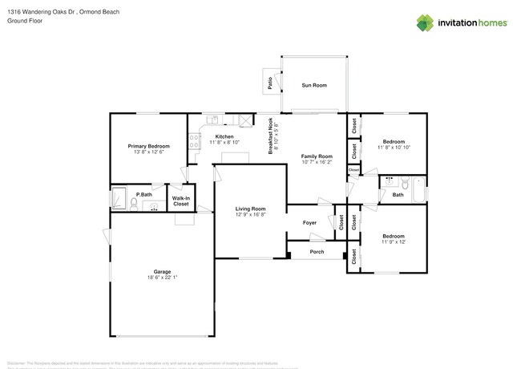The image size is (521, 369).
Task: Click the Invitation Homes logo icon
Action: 425,22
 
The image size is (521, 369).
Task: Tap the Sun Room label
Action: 313,84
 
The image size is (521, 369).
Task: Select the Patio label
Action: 270,80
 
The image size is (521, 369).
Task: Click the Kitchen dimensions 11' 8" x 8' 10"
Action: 224,143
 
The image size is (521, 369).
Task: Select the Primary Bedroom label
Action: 149,146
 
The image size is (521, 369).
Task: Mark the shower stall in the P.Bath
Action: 119,197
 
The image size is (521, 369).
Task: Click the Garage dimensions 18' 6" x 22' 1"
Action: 162,278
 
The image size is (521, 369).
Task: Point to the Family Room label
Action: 316,156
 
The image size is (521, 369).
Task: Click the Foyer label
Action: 309,222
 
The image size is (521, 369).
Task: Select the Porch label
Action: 317,252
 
